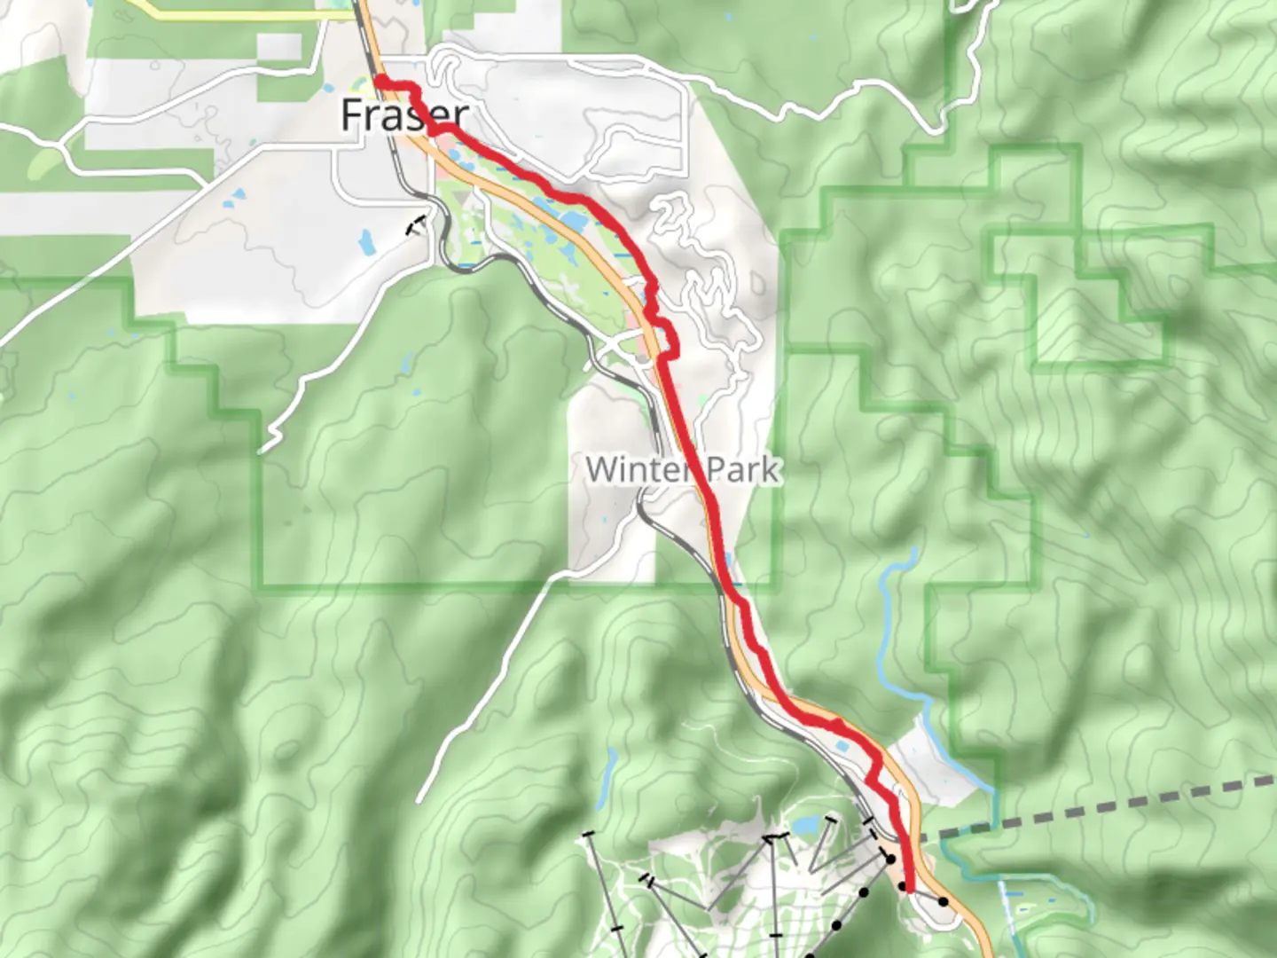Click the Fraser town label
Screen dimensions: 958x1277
tap(404, 115)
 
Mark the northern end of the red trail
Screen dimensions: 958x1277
tap(380, 82)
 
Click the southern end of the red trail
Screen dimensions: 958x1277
tap(909, 888)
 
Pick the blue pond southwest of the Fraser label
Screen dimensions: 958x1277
tap(366, 241)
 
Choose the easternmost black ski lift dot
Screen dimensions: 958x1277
tap(944, 902)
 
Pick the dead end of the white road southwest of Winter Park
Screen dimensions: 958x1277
tap(419, 801)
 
